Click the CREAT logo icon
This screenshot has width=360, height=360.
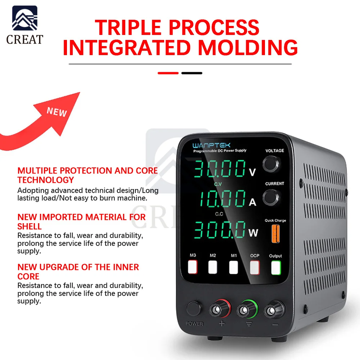click(24, 18)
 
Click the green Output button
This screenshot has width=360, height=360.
click(276, 267)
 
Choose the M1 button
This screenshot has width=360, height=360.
click(234, 267)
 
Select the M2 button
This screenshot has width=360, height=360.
click(213, 267)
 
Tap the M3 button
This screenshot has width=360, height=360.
click(193, 267)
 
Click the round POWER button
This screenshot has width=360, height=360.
click(194, 309)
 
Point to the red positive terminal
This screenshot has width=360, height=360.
click(218, 310)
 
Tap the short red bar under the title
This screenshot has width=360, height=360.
click(168, 73)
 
